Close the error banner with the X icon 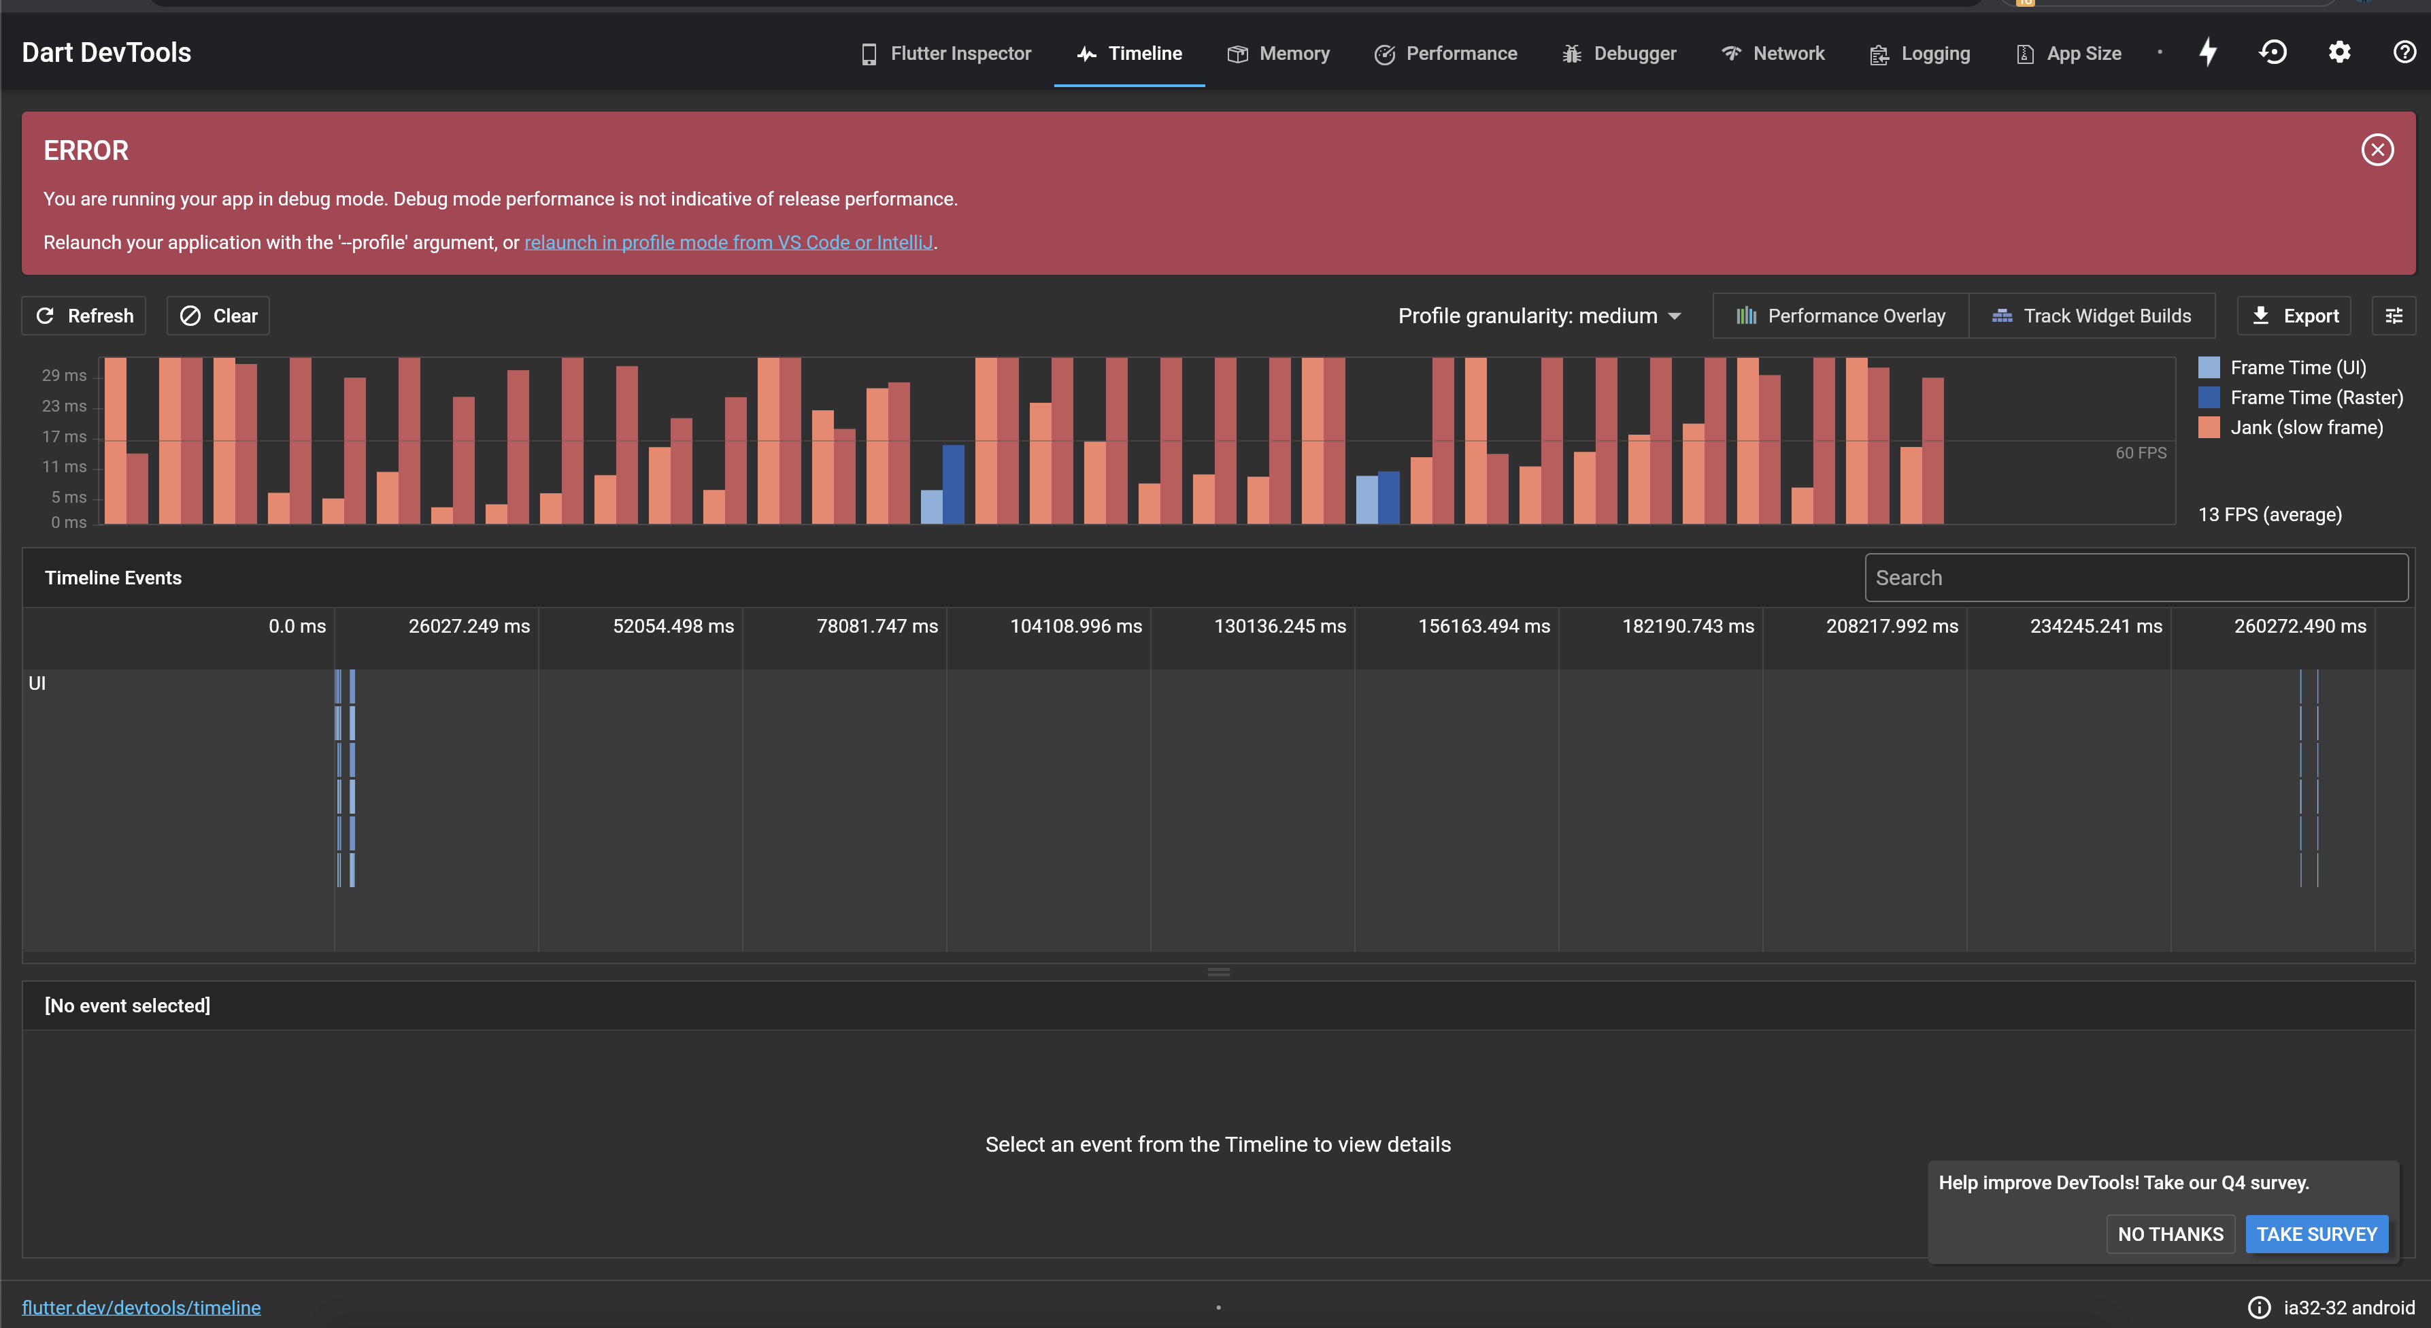tap(2377, 150)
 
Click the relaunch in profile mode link tap(728, 243)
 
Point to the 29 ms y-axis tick tap(63, 376)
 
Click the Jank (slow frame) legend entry tap(2304, 427)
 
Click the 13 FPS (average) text tap(2270, 514)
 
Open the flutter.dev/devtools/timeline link tap(141, 1307)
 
